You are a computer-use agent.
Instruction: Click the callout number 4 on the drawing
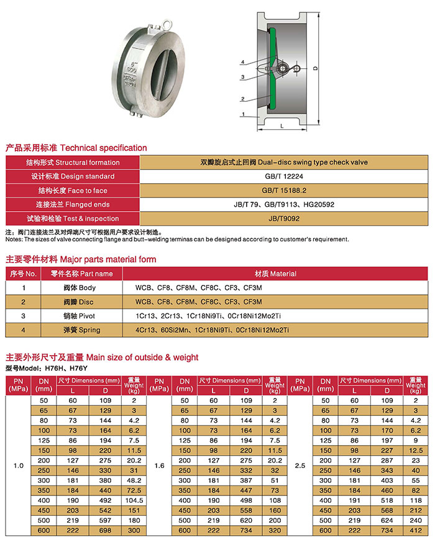tap(243, 62)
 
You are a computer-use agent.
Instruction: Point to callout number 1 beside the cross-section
tap(243, 114)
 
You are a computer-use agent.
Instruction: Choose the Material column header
tap(275, 274)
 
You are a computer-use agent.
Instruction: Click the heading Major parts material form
tap(81, 259)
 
